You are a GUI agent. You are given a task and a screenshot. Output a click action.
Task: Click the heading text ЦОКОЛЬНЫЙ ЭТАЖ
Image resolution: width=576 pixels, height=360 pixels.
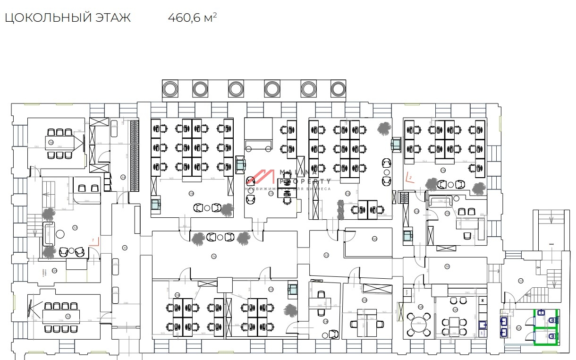point(68,18)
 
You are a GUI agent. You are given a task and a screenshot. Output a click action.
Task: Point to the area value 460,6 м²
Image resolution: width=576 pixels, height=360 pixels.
point(192,18)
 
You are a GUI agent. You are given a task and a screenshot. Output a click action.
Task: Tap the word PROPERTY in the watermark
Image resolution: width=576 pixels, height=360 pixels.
point(305,181)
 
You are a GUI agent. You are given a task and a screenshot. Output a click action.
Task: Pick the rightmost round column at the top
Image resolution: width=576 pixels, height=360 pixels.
point(338,88)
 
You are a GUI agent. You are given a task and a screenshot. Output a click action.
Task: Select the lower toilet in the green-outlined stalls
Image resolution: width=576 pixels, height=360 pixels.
point(553,336)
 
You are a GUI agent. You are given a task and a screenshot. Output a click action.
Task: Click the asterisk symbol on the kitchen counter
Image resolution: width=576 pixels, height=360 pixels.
point(483,300)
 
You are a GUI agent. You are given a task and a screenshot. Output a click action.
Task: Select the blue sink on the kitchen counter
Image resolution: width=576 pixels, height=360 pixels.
point(483,325)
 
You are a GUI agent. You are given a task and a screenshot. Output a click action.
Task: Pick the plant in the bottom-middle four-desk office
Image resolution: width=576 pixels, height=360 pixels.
point(288,310)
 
